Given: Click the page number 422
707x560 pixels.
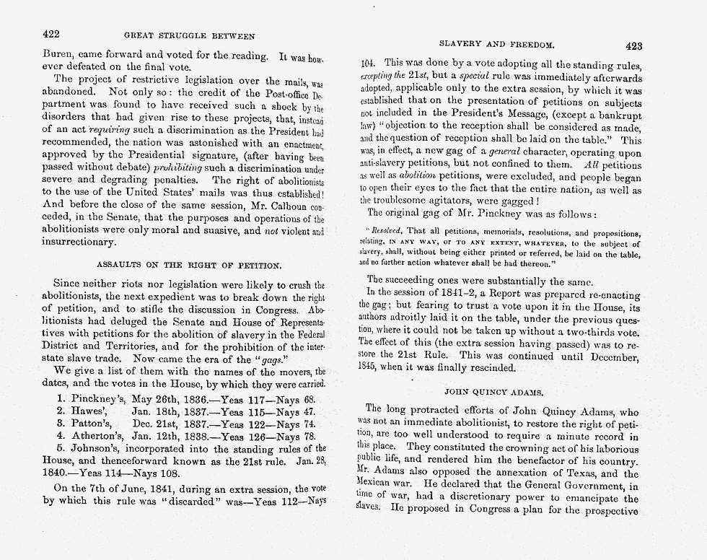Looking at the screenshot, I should point(50,34).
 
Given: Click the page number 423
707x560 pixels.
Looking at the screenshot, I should point(633,45).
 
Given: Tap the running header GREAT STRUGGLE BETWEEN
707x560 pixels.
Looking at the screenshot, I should point(190,35).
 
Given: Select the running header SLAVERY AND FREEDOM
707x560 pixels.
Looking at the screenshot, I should point(497,45).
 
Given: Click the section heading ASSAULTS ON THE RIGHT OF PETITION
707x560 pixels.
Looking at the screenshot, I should point(184,264).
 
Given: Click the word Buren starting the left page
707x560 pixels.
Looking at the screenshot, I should point(58,55).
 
